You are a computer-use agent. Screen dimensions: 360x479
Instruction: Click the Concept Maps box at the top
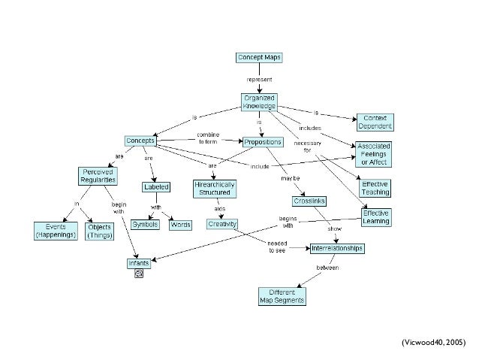click(260, 57)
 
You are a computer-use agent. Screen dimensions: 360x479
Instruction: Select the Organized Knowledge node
click(259, 102)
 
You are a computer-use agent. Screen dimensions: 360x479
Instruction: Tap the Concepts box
click(140, 141)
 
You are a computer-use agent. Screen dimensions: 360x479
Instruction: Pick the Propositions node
click(262, 141)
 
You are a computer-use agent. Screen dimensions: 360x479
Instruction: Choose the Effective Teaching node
click(375, 188)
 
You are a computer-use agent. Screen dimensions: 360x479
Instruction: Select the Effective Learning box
click(375, 216)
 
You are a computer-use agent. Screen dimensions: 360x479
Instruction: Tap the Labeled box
click(155, 187)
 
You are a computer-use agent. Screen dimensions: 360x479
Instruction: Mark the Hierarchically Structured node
click(215, 187)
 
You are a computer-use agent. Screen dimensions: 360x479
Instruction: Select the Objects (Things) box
click(99, 230)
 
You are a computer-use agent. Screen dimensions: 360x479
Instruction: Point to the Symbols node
click(146, 225)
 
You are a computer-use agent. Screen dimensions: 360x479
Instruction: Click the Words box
click(179, 225)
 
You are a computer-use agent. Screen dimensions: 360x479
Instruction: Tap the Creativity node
click(221, 224)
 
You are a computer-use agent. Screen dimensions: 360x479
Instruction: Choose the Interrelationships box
click(337, 248)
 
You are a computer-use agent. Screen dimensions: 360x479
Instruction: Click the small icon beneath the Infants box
click(139, 274)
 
